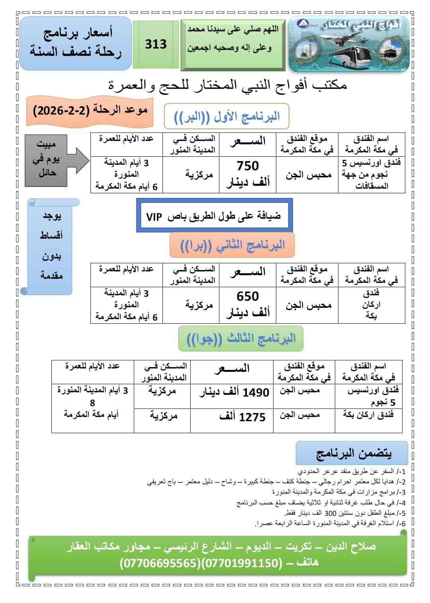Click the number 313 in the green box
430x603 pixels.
(x=156, y=44)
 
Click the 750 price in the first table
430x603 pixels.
(x=248, y=166)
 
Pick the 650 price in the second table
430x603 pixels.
(x=248, y=296)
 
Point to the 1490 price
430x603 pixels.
(x=256, y=393)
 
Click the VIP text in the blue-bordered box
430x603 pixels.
(x=154, y=217)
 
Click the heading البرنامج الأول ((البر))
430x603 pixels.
(x=227, y=117)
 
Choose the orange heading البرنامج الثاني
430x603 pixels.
(x=233, y=245)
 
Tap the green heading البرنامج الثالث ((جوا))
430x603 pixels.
(x=241, y=339)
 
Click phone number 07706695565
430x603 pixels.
(x=160, y=563)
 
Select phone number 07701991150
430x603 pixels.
(x=240, y=563)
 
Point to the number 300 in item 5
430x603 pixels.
(x=330, y=513)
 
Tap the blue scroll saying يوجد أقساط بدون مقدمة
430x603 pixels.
(x=51, y=245)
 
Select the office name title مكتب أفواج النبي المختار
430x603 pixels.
(x=227, y=85)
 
